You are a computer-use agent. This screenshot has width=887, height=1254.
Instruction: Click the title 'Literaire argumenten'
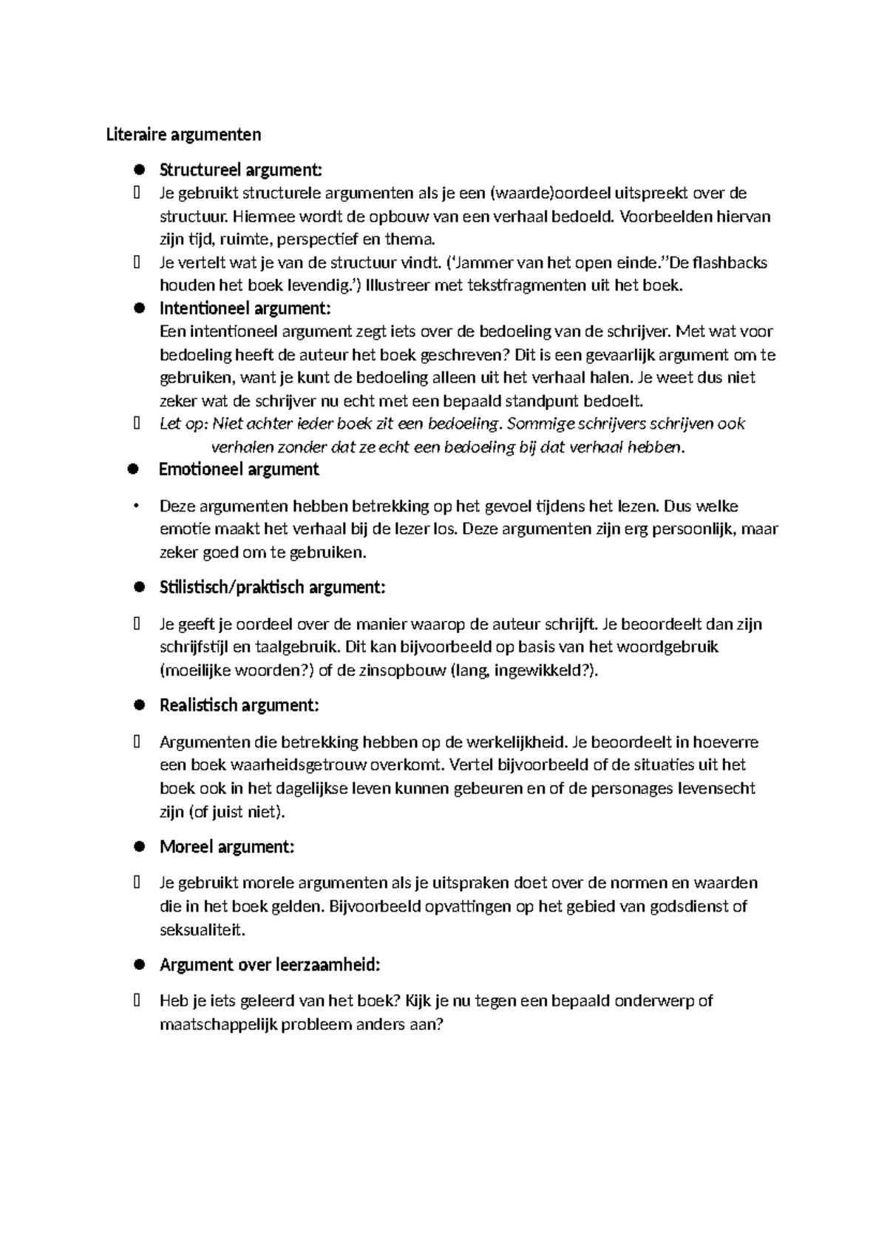click(183, 135)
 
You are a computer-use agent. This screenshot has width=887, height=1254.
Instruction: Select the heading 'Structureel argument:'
click(241, 170)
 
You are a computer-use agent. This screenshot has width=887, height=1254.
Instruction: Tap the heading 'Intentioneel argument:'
click(245, 308)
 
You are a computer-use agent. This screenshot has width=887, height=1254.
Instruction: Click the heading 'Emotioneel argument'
click(239, 470)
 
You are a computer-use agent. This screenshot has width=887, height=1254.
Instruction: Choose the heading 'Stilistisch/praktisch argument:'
click(272, 588)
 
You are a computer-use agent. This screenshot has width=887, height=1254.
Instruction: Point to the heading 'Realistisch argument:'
click(239, 705)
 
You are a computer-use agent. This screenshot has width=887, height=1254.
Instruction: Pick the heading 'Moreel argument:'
click(227, 847)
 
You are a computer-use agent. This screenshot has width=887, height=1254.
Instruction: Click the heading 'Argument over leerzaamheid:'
click(270, 965)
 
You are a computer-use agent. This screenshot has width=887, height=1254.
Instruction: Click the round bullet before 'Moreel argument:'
click(137, 847)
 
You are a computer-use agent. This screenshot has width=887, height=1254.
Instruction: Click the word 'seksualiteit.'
click(202, 930)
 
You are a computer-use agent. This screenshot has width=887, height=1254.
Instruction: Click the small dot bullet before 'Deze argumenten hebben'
click(136, 506)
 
